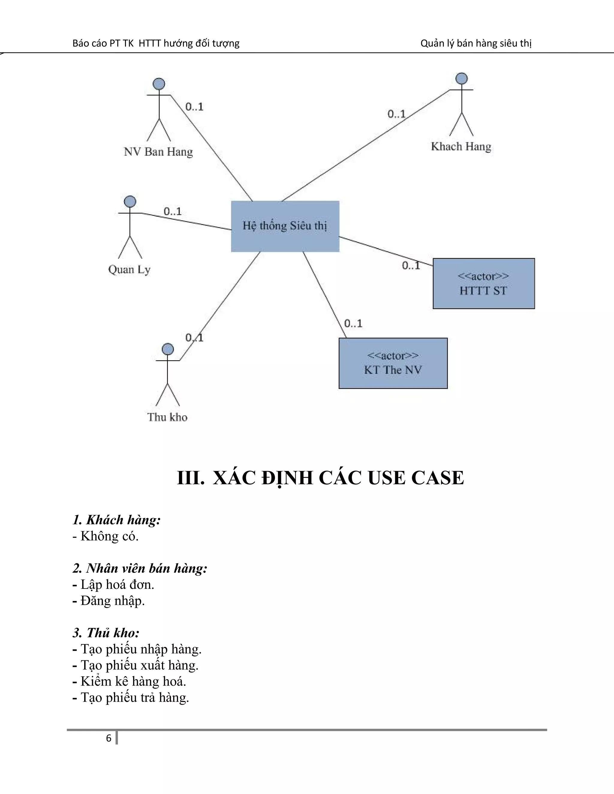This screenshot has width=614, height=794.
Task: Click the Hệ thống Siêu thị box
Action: pos(285,226)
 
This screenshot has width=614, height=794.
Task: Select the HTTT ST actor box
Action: pos(483,283)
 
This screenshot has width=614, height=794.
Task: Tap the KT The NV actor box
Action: pos(393,363)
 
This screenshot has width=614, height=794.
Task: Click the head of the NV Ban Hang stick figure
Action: pos(159,84)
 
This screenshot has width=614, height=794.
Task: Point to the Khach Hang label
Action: pos(461,147)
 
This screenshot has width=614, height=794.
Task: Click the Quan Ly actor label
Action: pos(129,270)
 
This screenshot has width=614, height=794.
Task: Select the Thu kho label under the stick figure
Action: pos(167,417)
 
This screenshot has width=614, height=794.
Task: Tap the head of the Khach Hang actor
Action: pos(461,79)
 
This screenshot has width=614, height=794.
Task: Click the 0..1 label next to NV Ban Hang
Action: pos(194,107)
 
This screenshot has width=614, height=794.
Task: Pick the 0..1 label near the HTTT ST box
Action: pos(411,266)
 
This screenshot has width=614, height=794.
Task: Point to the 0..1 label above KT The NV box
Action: pos(353,324)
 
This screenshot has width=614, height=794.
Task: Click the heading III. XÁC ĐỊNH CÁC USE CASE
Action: pos(320,478)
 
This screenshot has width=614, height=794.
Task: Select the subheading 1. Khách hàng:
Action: pos(116,520)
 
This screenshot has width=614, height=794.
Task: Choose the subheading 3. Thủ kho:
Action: pos(106,633)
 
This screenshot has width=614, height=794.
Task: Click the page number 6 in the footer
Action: pos(109,738)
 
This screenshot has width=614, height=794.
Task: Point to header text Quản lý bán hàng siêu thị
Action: pos(476,43)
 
